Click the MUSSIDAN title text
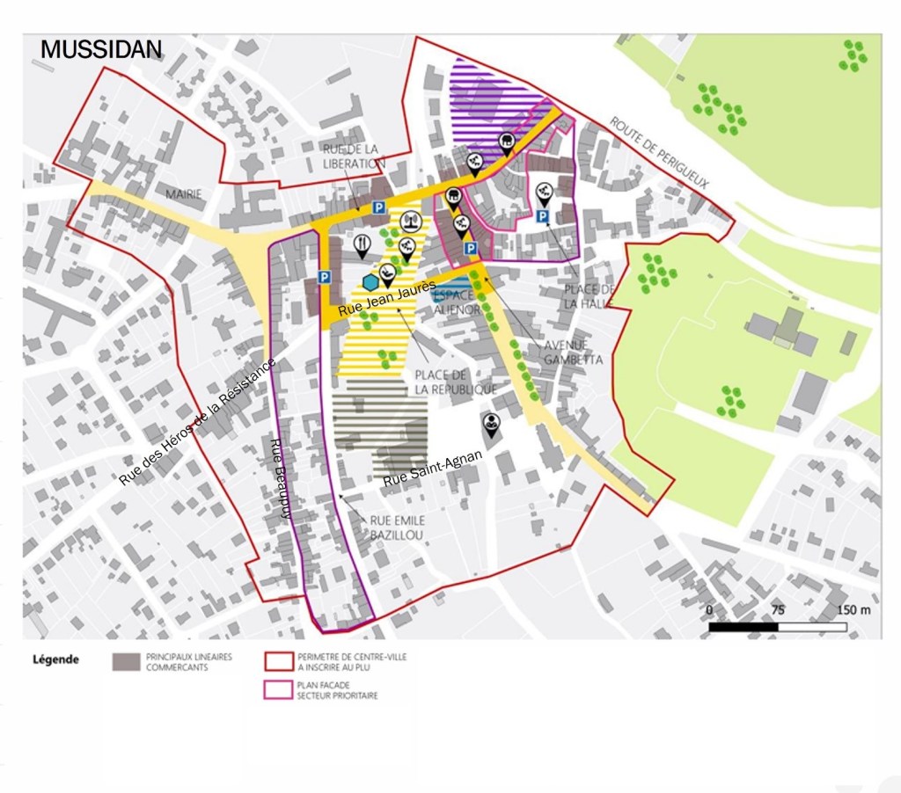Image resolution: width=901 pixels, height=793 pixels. coord(100,49)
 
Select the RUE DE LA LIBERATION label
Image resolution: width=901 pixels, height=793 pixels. coord(354,156)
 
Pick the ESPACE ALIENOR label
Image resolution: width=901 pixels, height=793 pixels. coord(457,302)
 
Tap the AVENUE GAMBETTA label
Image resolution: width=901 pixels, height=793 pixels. coord(573,352)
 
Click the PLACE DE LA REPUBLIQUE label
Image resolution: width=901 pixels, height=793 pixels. coord(456,382)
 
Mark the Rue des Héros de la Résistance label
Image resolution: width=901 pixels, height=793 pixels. coord(197,422)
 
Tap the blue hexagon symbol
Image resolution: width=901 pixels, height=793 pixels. coord(370,282)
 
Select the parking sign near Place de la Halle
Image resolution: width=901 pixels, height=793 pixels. coord(543,216)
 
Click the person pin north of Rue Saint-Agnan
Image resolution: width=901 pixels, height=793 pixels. coord(490,425)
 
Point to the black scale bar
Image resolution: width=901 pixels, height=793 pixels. coord(778,627)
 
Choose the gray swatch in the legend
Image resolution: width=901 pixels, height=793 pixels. coord(127,661)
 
